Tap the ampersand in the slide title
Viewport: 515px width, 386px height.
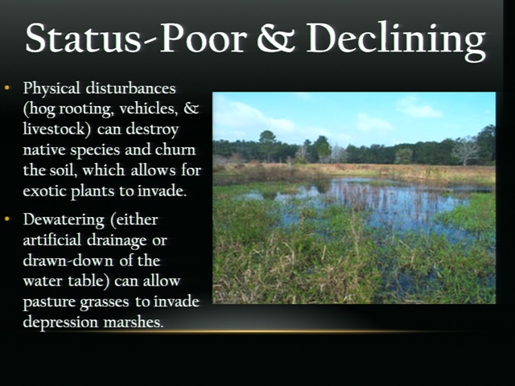pyautogui.click(x=277, y=38)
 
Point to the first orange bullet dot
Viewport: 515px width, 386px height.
pyautogui.click(x=7, y=88)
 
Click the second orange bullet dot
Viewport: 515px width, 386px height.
pyautogui.click(x=7, y=219)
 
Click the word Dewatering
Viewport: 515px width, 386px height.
pyautogui.click(x=64, y=220)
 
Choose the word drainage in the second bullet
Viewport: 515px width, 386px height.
pyautogui.click(x=117, y=240)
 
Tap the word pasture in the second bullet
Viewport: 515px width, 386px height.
pyautogui.click(x=49, y=302)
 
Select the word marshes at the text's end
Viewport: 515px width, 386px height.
pyautogui.click(x=134, y=322)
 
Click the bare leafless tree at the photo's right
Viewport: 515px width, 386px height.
pyautogui.click(x=465, y=150)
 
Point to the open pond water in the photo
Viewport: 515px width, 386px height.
pyautogui.click(x=388, y=203)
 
